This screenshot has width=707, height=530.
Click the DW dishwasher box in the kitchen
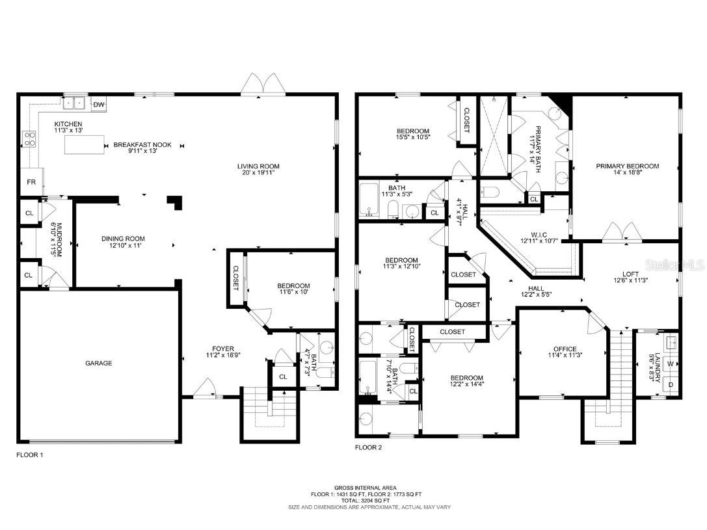(x=99, y=104)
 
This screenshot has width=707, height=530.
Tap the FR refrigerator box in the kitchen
(x=31, y=182)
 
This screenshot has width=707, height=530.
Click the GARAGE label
(x=98, y=363)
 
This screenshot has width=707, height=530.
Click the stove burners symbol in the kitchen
(x=30, y=139)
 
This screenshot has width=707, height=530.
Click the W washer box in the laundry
(x=671, y=364)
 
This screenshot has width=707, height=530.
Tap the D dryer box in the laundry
(x=671, y=384)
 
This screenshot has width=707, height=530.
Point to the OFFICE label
(x=565, y=349)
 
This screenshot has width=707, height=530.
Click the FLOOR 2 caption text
(x=368, y=447)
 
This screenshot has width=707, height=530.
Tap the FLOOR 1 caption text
(x=30, y=455)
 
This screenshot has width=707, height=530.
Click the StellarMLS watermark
(x=681, y=265)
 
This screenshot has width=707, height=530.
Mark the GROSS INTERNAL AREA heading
(x=362, y=487)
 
